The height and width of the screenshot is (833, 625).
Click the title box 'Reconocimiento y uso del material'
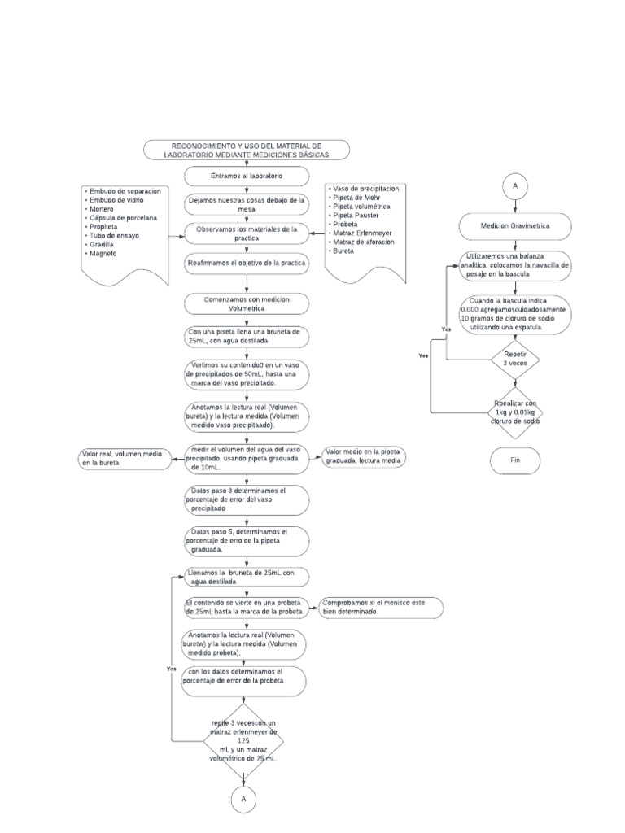coord(247,149)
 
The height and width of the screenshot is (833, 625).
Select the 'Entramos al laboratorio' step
coord(246,176)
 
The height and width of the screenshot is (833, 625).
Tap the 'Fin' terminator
coord(514,460)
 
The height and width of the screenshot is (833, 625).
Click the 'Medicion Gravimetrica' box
coord(514,226)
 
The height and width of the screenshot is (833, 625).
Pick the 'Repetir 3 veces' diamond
coord(514,360)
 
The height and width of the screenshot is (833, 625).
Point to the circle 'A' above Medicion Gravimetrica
coord(514,185)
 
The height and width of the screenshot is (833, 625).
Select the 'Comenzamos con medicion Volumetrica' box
coord(246,304)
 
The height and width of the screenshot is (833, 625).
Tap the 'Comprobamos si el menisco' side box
coord(381,607)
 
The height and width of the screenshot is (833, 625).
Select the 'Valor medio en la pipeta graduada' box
coord(365,456)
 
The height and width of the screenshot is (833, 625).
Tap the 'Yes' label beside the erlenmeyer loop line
coord(171,668)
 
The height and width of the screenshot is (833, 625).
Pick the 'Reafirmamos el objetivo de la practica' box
coord(246,264)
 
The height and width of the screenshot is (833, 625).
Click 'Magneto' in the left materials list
coord(103,253)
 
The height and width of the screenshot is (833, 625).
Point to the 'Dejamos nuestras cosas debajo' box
coord(246,203)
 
